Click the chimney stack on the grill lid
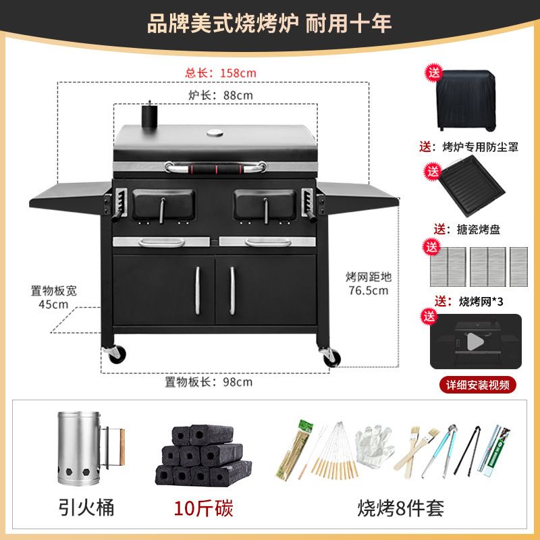point(149,115)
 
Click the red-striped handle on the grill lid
point(215,168)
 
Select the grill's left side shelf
point(71,197)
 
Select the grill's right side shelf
point(358,196)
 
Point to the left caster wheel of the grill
point(115,354)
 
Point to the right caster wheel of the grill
point(331,357)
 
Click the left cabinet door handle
point(198,291)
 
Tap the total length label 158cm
point(221,73)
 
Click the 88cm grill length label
point(221,95)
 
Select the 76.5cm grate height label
point(369,283)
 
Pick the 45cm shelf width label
point(54,298)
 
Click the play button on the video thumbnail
point(475,342)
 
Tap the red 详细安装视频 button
point(478,385)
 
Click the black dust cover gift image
point(466,100)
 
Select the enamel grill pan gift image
point(472,186)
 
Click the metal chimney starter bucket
point(90,448)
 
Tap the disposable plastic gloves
point(375,446)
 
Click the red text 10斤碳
point(203,508)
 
